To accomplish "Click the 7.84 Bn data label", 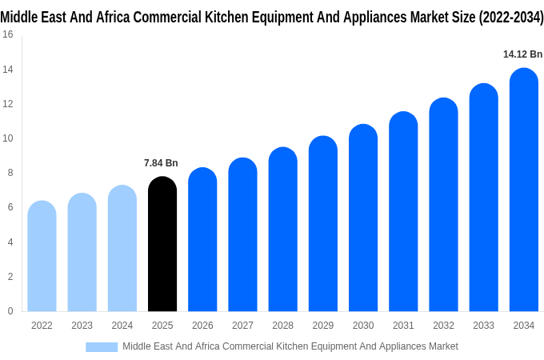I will point(161,163).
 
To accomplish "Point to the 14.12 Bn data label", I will point(522,54).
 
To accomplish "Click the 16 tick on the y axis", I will point(7,34).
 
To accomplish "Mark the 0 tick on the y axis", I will point(10,311).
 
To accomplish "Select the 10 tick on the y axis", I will point(7,138).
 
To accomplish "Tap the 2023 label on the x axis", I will point(82,326).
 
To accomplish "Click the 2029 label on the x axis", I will point(322,326).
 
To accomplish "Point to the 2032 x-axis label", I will point(443,326).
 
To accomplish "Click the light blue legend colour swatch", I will point(102,346).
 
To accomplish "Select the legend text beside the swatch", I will point(290,346).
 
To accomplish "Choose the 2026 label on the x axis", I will point(202,326).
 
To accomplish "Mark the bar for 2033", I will point(483,198).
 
